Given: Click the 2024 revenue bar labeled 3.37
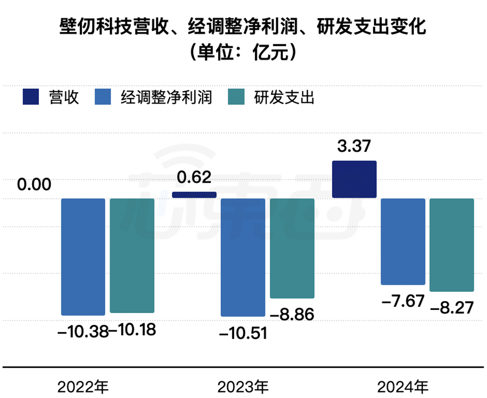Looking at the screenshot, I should point(354,179).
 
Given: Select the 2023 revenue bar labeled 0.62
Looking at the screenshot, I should point(194,195).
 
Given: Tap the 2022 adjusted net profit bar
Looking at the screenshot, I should point(83,257).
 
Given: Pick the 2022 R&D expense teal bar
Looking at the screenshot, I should point(132,256).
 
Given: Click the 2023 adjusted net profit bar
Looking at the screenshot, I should point(243,257).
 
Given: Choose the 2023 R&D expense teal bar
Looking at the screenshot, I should point(292,248).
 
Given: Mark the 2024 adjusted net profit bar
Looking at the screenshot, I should point(403,242).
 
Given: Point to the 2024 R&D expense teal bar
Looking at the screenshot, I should point(452,245).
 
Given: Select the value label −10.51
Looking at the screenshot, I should point(243,334).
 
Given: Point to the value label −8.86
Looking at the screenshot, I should point(293,313).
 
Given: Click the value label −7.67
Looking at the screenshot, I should point(403,301).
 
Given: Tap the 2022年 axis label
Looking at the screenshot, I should point(83,388).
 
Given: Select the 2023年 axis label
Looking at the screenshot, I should point(243,388).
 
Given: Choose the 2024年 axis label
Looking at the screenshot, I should point(403,388).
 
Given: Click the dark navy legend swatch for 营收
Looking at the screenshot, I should point(30,97).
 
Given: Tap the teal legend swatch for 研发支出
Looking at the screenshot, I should point(236,97).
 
